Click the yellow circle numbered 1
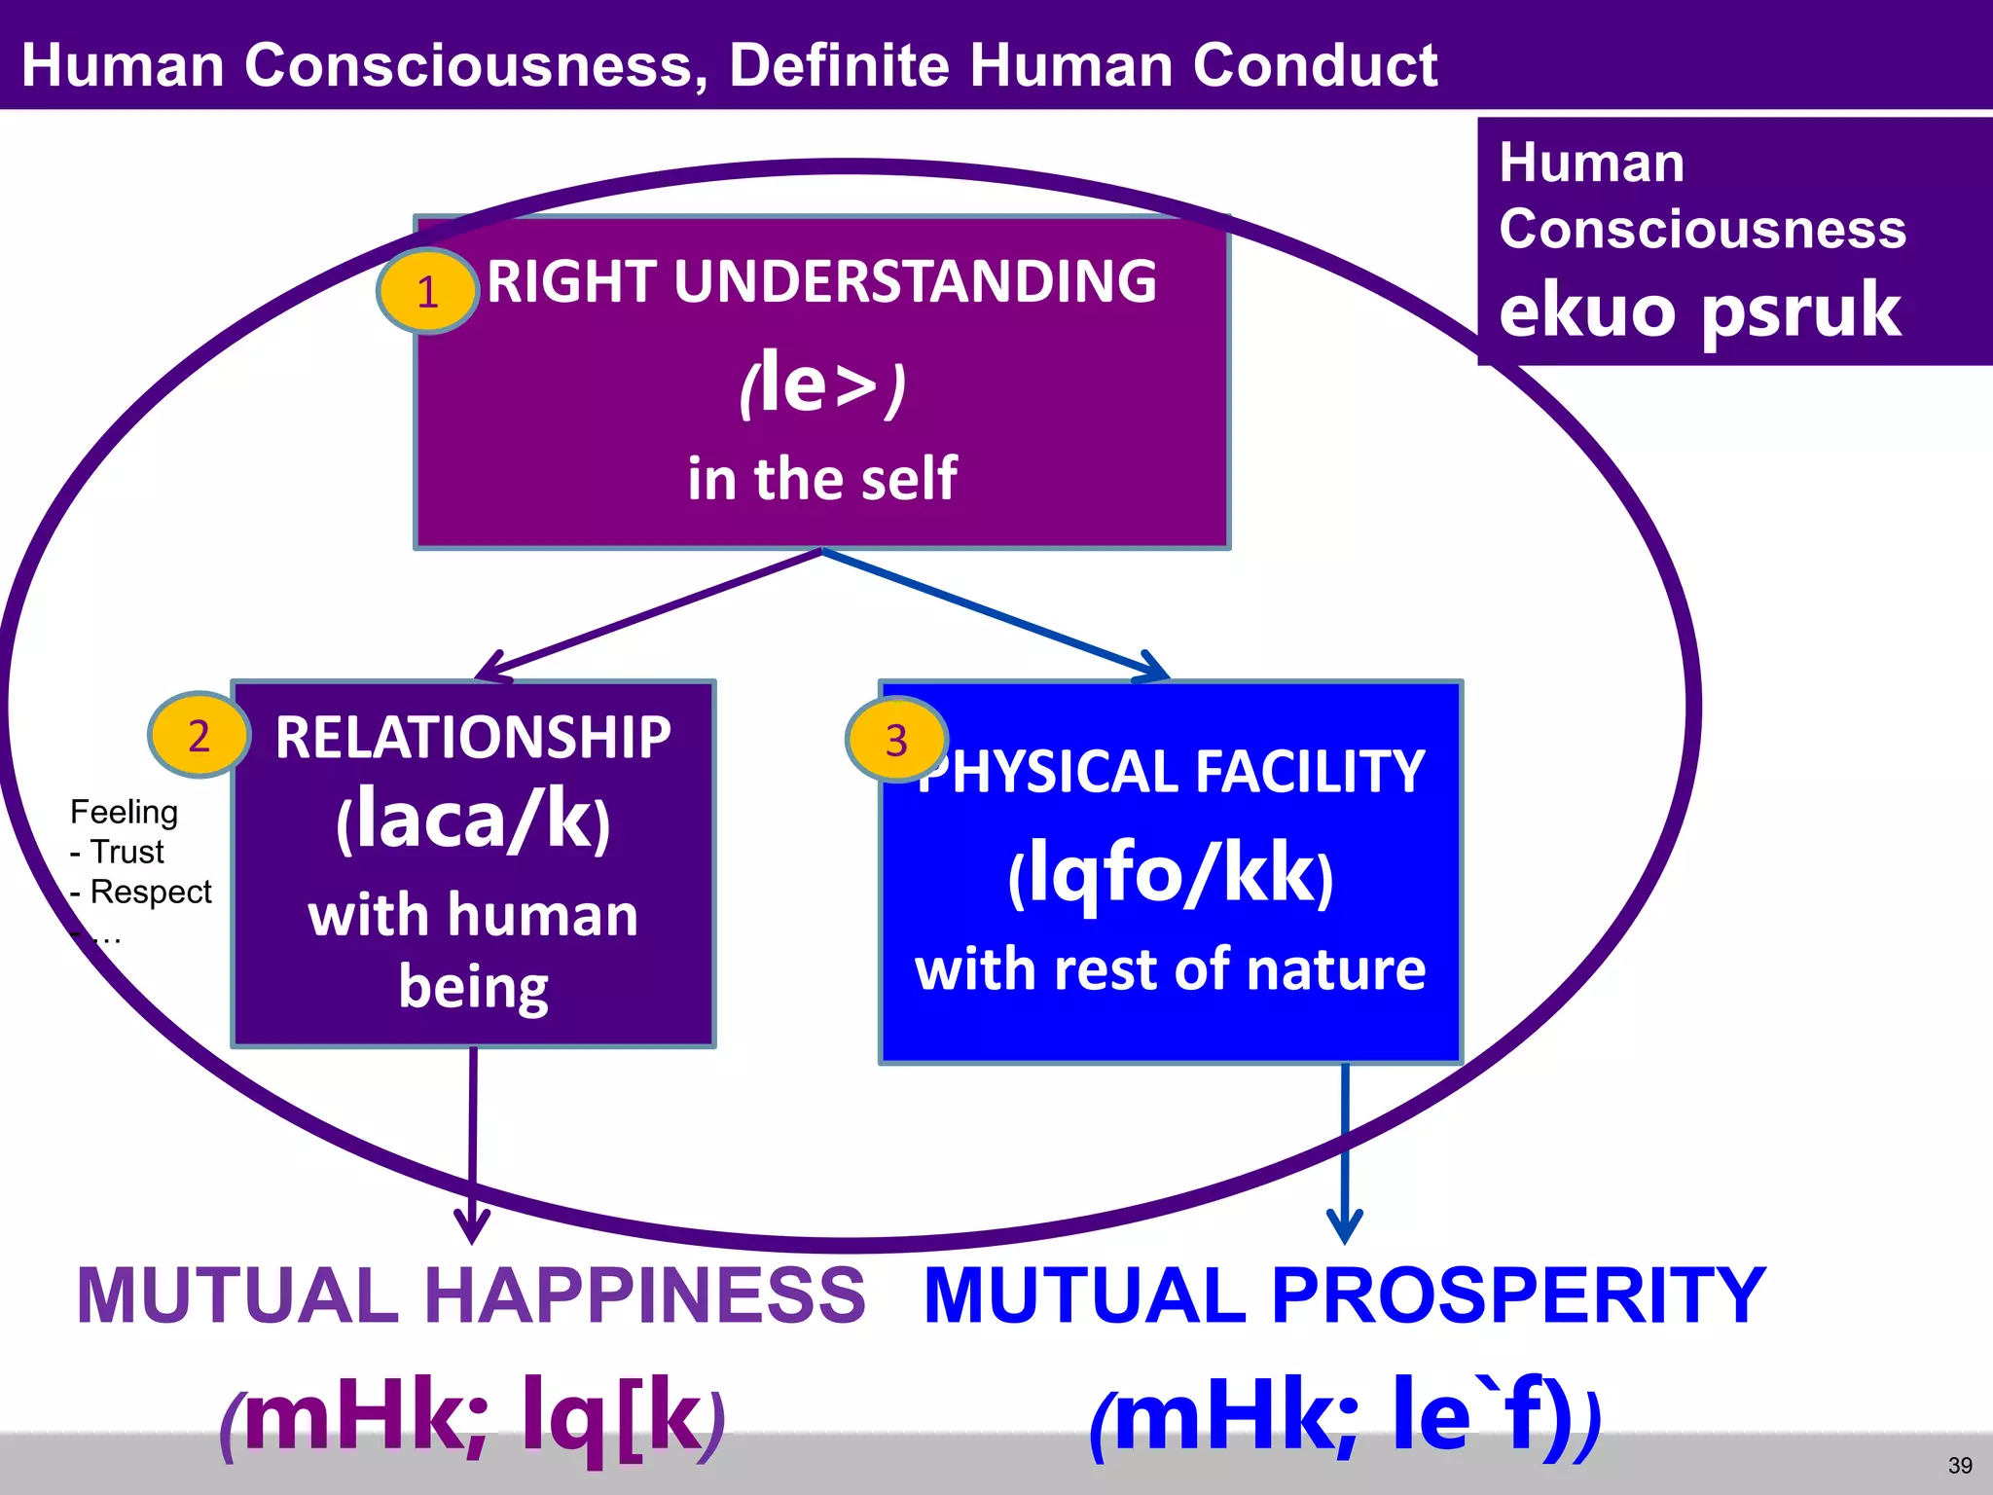click(x=427, y=291)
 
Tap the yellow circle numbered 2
click(x=199, y=736)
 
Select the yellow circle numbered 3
click(x=896, y=740)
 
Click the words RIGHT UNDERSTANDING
click(x=822, y=281)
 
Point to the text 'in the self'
click(x=822, y=479)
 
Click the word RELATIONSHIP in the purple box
click(x=473, y=737)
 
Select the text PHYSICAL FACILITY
click(x=1173, y=772)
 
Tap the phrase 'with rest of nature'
click(x=1171, y=969)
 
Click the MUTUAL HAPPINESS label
click(x=471, y=1295)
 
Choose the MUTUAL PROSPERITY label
click(x=1345, y=1295)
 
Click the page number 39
click(x=1960, y=1465)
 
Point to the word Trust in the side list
click(x=127, y=852)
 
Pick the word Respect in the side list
click(x=151, y=892)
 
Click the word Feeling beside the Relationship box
click(x=124, y=812)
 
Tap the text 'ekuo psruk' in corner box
click(x=1699, y=310)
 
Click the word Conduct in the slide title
click(x=1315, y=65)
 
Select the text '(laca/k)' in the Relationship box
click(x=473, y=820)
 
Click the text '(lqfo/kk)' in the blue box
click(x=1171, y=873)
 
